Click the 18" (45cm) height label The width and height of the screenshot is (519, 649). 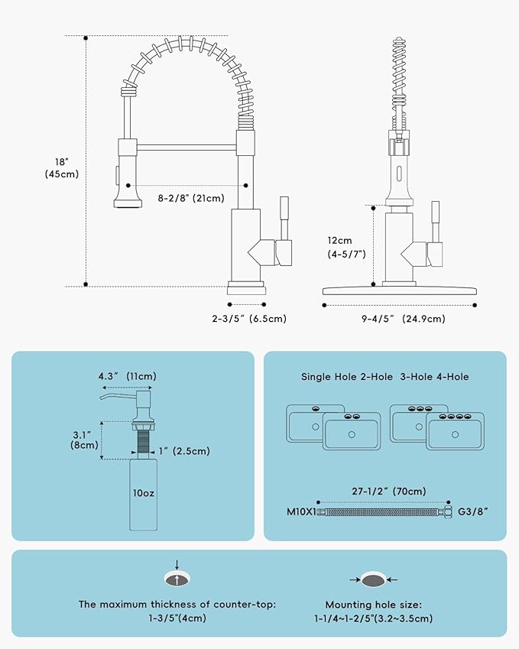pos(62,167)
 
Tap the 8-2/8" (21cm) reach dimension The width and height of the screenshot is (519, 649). pos(191,199)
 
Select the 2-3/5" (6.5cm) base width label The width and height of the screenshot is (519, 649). pos(248,319)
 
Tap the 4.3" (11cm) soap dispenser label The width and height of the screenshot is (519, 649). pos(127,376)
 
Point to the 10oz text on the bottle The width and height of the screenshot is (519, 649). pos(142,493)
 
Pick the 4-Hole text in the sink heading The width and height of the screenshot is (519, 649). pos(453,377)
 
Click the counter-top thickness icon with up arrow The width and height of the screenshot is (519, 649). pos(177,579)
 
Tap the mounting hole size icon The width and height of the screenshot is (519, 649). pos(374,579)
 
